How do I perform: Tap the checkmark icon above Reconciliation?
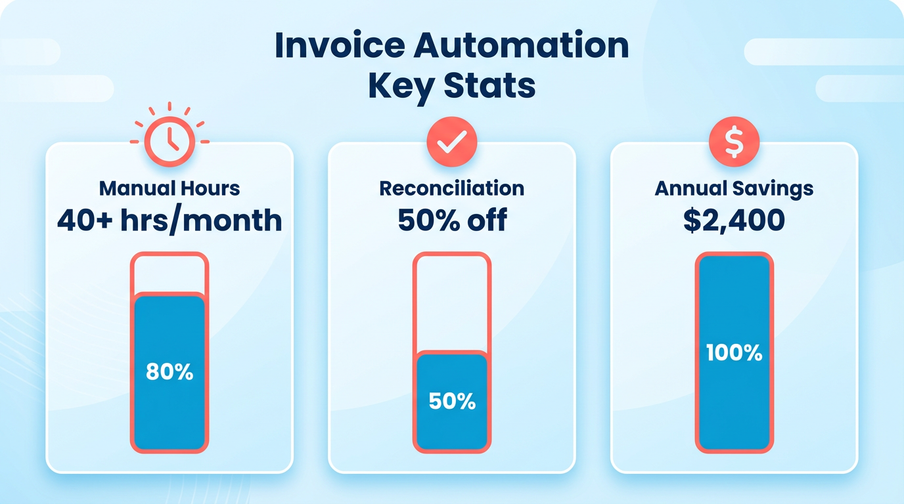click(451, 141)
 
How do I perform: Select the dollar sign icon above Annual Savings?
click(734, 141)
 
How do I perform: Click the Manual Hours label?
click(169, 188)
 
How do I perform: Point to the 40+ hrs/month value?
click(169, 220)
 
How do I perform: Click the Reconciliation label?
click(451, 188)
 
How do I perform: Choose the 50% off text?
click(451, 220)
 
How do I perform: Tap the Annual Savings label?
click(734, 189)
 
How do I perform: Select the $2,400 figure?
click(734, 220)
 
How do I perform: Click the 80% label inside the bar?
click(169, 372)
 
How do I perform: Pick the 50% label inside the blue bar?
click(451, 401)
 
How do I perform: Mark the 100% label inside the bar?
click(734, 353)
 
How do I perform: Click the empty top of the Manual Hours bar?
click(169, 274)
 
